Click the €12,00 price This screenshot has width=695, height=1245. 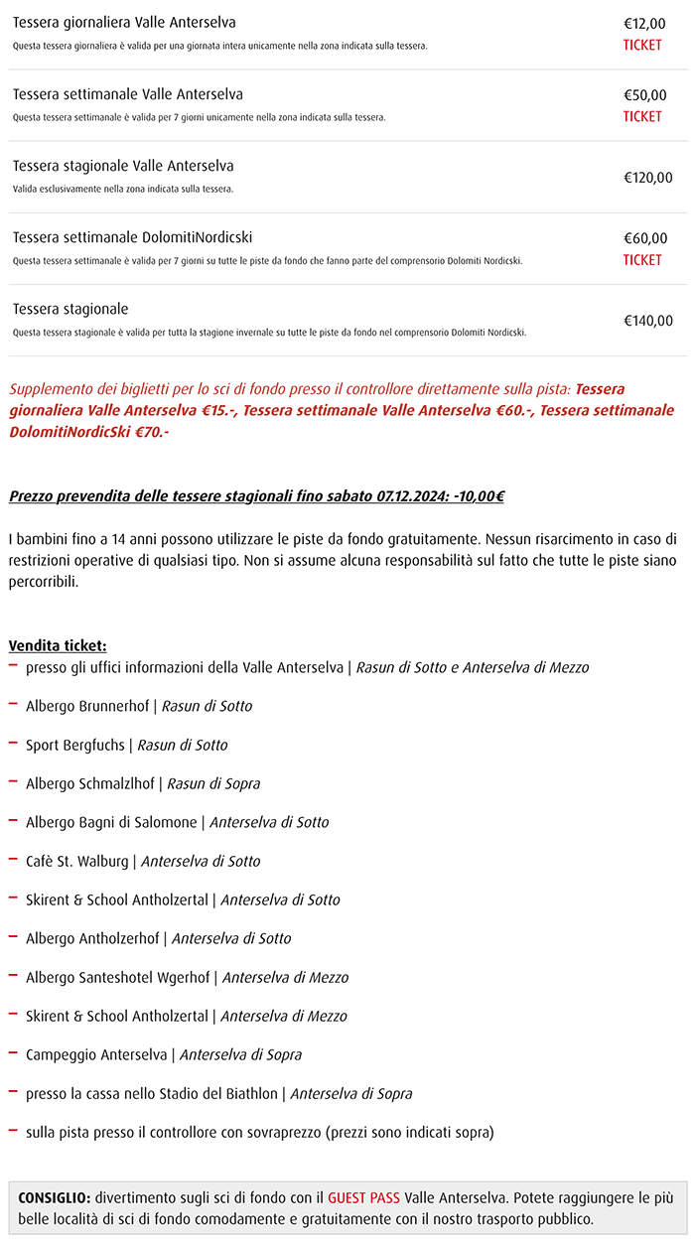click(644, 24)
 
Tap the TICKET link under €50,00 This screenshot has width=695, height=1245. click(642, 116)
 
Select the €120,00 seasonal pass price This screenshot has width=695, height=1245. click(647, 178)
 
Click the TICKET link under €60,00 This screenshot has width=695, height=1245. click(642, 260)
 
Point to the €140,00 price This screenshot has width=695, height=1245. click(647, 321)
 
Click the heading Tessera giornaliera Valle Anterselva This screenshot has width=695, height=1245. click(124, 22)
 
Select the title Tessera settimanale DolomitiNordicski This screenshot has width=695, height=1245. click(132, 237)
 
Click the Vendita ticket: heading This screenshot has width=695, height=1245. click(58, 645)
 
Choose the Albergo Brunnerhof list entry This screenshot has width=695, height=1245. click(87, 706)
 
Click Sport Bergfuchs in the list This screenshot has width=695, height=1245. click(75, 745)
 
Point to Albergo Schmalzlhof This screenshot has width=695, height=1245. click(89, 783)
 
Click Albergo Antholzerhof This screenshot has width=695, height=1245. click(95, 938)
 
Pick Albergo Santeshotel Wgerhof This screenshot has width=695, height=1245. click(117, 977)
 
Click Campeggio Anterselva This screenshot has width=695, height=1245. click(96, 1054)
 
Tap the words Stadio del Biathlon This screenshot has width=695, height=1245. click(216, 1093)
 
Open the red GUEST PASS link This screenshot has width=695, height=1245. click(363, 1197)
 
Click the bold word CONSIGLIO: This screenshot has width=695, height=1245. click(55, 1197)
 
